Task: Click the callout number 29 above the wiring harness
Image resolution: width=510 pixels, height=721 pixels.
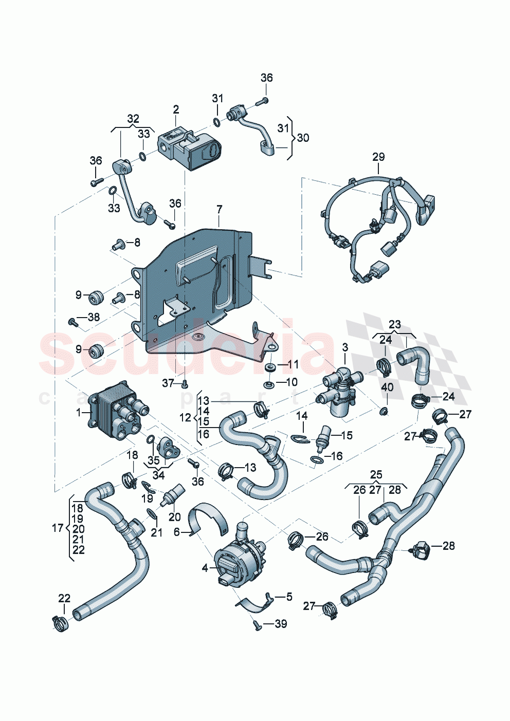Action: (x=378, y=157)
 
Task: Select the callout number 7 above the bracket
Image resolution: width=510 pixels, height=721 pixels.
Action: (x=219, y=210)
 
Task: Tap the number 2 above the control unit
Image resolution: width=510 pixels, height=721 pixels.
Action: (x=176, y=109)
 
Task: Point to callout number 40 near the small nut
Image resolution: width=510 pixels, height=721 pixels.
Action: (x=387, y=386)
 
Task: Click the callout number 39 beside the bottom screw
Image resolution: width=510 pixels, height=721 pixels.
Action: (x=281, y=624)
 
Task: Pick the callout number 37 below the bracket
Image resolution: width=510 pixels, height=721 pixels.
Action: (x=168, y=383)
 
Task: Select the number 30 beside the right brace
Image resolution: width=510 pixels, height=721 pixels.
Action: (x=303, y=138)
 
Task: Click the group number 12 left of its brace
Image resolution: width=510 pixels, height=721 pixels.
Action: (x=185, y=417)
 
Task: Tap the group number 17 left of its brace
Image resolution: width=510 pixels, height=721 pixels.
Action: (x=58, y=528)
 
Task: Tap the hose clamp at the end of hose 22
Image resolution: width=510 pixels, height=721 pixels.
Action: (x=61, y=623)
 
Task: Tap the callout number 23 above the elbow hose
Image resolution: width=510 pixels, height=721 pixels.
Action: (x=394, y=325)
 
